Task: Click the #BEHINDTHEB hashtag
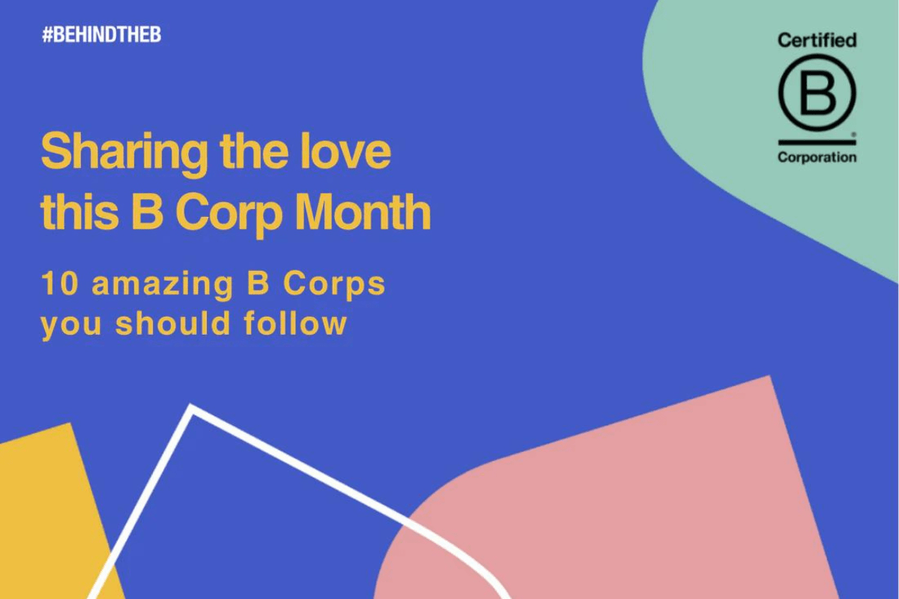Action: click(x=101, y=35)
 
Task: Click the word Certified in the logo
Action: click(x=817, y=40)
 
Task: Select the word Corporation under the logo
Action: click(x=817, y=157)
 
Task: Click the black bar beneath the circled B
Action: click(x=817, y=142)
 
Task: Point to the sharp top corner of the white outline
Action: click(x=192, y=409)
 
